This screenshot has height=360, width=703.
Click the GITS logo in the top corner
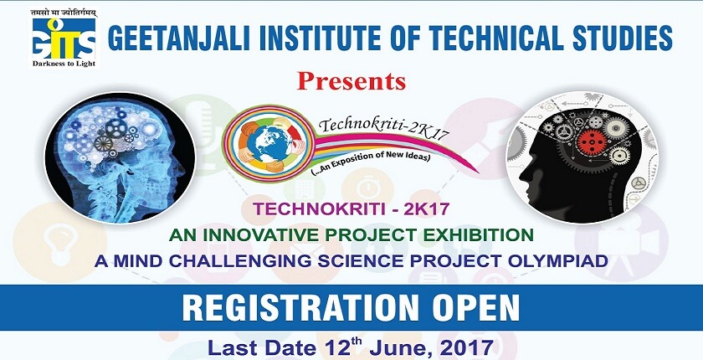coord(64,39)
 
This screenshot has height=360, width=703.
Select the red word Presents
coord(351,80)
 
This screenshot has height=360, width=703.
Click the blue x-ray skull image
coord(121,157)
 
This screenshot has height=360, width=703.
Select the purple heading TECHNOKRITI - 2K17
coord(351,209)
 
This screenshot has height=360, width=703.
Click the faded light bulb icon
coord(59,243)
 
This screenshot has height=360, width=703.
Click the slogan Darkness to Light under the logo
coord(64,64)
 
